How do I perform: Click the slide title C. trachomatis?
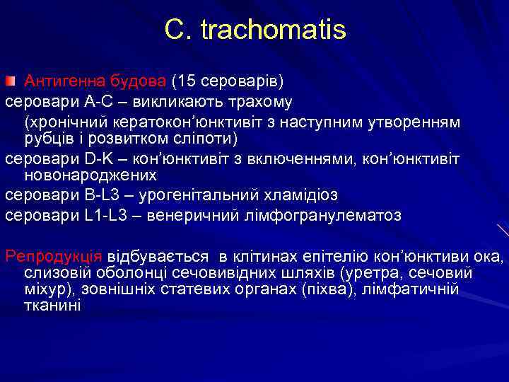255,30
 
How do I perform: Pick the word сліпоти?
206,138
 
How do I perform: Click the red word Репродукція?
54,255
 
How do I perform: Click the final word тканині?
52,306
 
